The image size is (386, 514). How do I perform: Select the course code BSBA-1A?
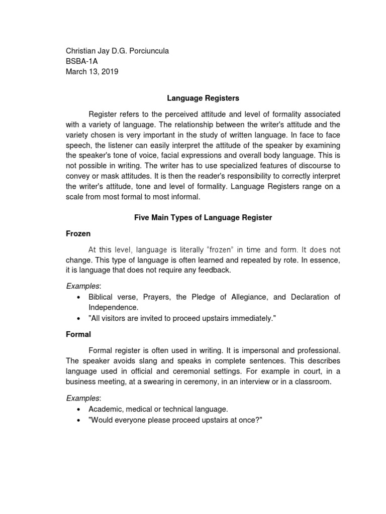83,61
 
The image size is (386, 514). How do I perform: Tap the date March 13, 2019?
92,71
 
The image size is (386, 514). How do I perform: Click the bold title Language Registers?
203,99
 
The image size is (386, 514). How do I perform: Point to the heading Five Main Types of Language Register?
203,217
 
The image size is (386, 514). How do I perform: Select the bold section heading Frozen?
78,233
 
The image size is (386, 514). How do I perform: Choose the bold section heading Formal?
78,333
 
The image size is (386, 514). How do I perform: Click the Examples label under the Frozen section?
84,286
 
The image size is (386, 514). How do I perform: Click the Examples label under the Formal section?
84,398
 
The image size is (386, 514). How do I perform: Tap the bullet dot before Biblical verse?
78,297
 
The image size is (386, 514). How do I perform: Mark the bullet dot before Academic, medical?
78,410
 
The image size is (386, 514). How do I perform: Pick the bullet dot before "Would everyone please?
78,420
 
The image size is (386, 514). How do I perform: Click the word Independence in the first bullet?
114,307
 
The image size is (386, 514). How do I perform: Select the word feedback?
214,270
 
